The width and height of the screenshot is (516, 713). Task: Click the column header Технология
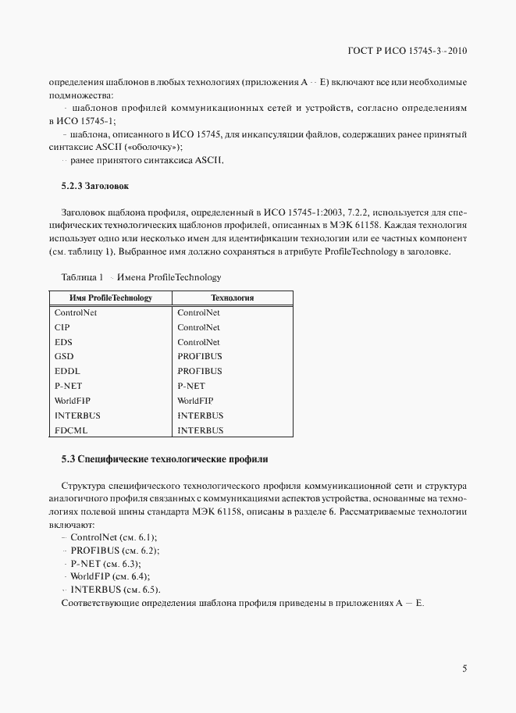233,298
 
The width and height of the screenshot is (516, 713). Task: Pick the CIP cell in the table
62,327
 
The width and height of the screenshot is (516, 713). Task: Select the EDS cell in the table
63,342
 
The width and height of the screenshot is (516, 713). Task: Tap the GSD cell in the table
64,356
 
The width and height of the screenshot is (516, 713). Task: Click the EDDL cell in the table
67,371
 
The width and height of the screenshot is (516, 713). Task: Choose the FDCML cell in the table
72,430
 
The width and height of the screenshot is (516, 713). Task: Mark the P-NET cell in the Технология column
191,386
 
